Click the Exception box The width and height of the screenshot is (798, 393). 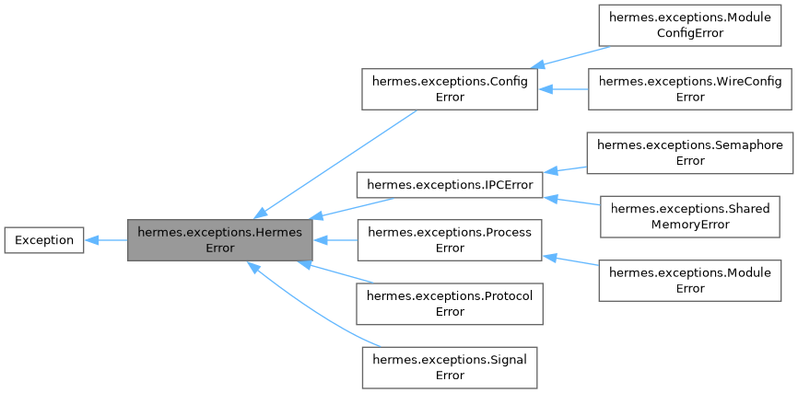(44, 240)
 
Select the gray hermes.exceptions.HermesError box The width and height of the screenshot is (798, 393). (220, 240)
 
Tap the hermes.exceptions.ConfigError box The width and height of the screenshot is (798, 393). (448, 89)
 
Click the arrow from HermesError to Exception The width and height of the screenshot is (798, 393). (106, 240)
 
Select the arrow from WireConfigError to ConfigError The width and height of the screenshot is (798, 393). (563, 89)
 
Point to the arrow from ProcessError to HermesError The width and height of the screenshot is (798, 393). (334, 240)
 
